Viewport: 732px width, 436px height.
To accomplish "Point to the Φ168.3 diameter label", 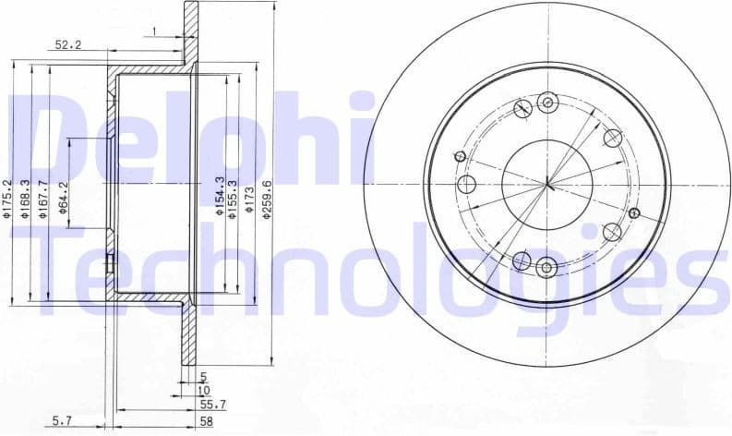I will pos(27,200).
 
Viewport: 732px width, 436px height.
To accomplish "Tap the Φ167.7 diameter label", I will pos(43,200).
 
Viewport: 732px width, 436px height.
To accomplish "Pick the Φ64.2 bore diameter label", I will pos(62,199).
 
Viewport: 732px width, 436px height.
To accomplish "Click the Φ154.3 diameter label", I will pos(219,197).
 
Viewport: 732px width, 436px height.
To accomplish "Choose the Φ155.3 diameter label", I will pos(234,197).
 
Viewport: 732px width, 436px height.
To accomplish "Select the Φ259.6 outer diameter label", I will pos(267,198).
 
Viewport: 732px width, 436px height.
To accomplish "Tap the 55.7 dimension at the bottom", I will pos(212,405).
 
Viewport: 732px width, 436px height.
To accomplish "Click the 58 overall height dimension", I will pos(207,420).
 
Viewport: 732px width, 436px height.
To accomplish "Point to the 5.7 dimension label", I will pos(62,420).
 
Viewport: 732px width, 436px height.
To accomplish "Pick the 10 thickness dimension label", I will pos(204,390).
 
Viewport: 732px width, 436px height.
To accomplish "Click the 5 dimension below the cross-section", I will pos(203,375).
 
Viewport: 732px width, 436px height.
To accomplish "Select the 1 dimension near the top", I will pos(156,32).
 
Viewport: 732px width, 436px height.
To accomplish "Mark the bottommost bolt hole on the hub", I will pos(546,267).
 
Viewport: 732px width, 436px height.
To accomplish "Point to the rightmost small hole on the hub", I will pos(633,213).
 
